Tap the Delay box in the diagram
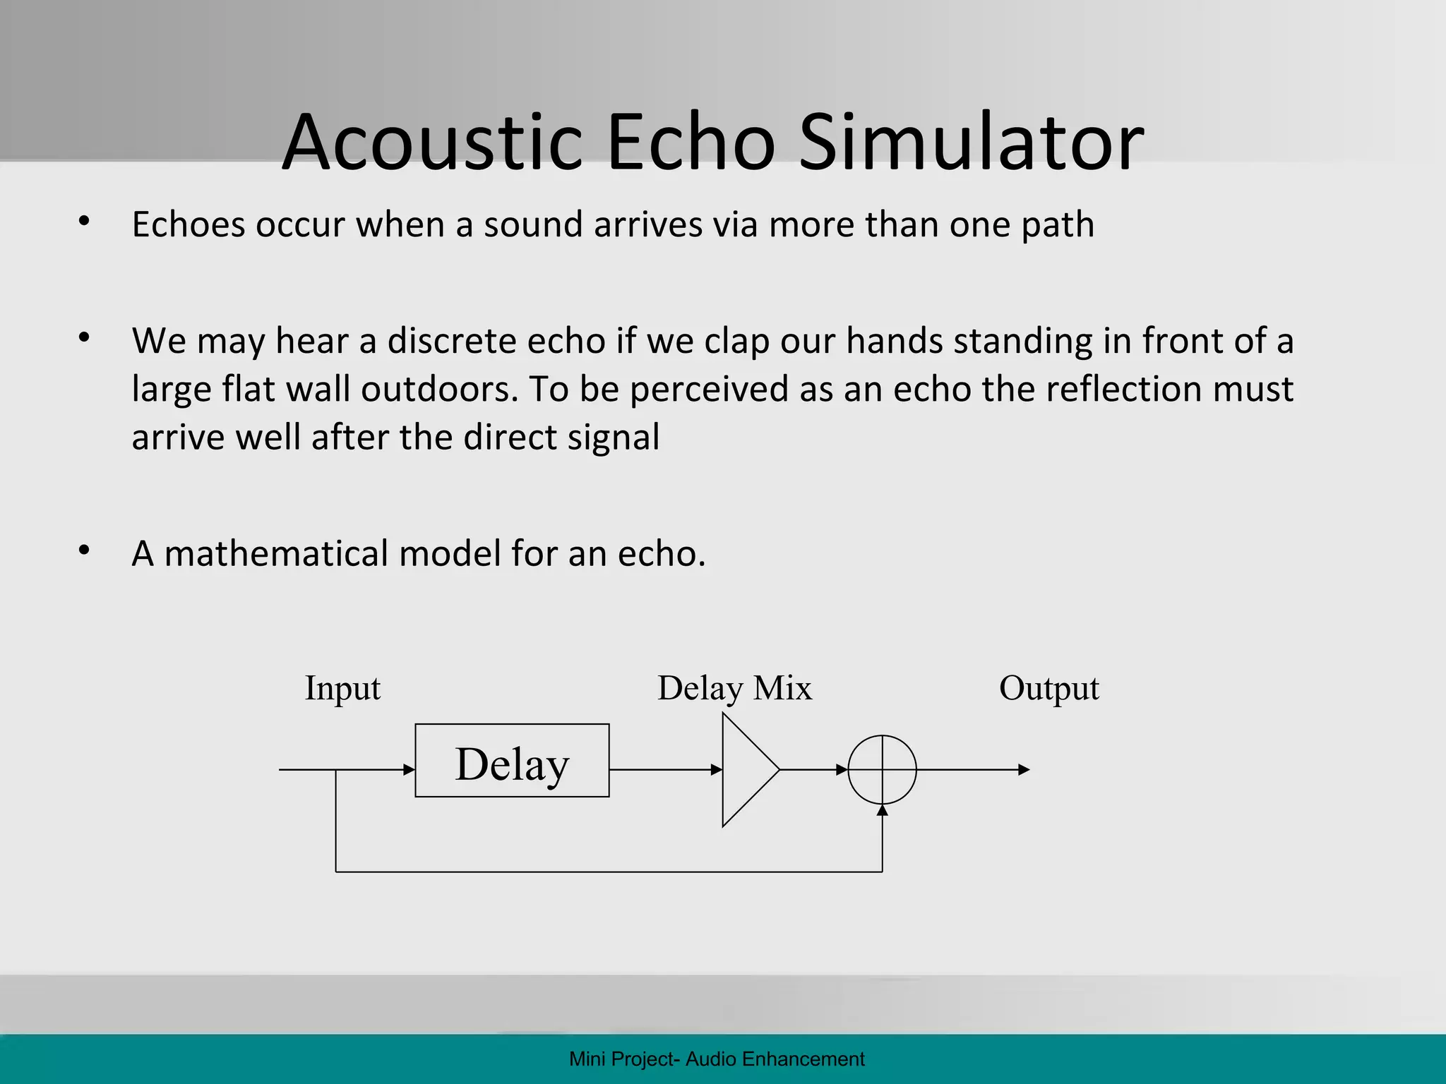click(512, 761)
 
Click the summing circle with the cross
click(882, 769)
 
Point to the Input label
click(342, 688)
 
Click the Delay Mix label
click(734, 688)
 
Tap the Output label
click(1048, 688)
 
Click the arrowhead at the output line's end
click(1024, 769)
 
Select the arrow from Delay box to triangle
click(664, 769)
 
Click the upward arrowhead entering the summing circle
click(882, 810)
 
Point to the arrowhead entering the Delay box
click(409, 769)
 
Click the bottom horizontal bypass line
click(607, 872)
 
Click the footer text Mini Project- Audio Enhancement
click(717, 1059)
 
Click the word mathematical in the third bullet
click(275, 553)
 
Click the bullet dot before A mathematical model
click(85, 550)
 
